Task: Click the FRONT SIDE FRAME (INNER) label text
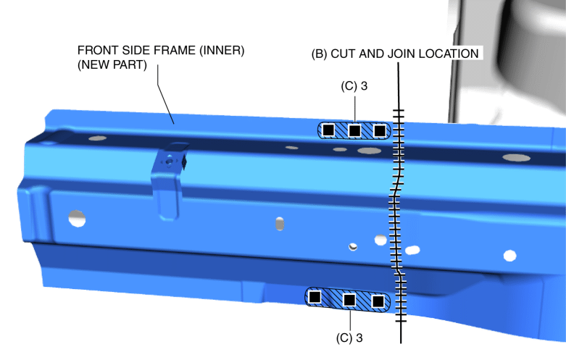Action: click(161, 51)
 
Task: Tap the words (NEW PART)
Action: click(112, 65)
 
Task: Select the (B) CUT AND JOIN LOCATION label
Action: click(395, 54)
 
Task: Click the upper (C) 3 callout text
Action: click(354, 86)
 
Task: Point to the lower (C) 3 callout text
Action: click(349, 338)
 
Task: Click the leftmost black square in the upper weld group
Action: click(328, 130)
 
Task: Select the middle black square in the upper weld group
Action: click(354, 130)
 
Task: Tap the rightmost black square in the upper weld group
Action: click(379, 130)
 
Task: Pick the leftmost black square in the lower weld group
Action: click(315, 297)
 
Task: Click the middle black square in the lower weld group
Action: click(349, 300)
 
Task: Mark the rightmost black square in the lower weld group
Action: click(378, 301)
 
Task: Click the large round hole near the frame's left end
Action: click(77, 219)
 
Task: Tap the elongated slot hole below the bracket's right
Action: click(280, 224)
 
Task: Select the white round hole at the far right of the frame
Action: click(509, 256)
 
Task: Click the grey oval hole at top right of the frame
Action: click(517, 157)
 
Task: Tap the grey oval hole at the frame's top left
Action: click(97, 138)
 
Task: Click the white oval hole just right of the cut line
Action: click(412, 250)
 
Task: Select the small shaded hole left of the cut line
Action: click(353, 247)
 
